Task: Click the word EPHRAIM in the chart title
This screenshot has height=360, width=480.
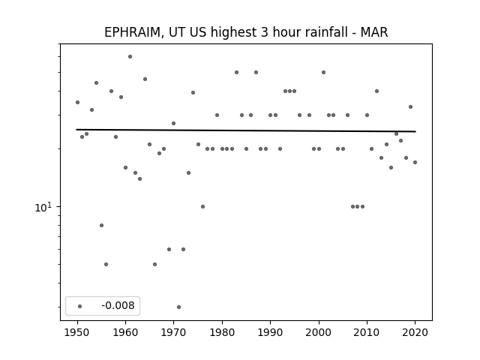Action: click(132, 32)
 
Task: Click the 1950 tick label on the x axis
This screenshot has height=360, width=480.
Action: click(77, 332)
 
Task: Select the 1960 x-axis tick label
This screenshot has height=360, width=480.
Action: click(125, 332)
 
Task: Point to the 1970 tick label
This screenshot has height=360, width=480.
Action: click(173, 332)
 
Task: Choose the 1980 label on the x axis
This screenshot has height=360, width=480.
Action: click(222, 332)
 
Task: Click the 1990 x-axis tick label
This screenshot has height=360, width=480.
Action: click(270, 332)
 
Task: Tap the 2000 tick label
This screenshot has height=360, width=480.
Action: click(319, 332)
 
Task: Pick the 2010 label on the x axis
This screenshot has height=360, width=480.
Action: click(367, 332)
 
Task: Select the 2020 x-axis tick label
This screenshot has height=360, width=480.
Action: click(415, 332)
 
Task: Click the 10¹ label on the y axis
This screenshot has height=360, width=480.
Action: click(43, 207)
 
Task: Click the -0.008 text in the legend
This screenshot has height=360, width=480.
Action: click(118, 305)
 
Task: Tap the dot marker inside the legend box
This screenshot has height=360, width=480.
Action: click(80, 306)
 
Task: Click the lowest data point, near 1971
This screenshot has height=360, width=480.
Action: click(178, 307)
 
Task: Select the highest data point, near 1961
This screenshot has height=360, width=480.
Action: click(130, 57)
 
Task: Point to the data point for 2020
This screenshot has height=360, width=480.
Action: click(415, 163)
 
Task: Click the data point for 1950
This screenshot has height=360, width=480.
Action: click(77, 102)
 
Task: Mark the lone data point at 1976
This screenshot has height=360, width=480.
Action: click(202, 207)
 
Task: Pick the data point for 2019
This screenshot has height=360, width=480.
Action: click(410, 106)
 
